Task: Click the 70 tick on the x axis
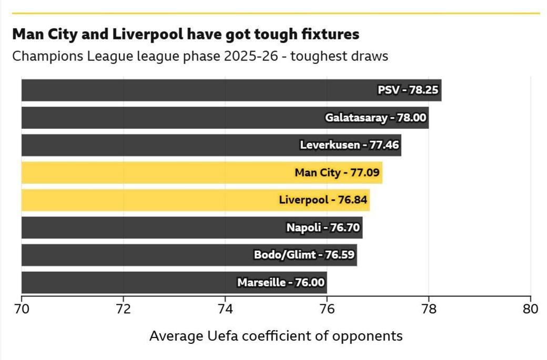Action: (x=22, y=308)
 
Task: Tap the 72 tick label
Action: (x=123, y=308)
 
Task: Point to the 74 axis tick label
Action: (x=225, y=308)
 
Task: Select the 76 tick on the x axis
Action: (x=327, y=308)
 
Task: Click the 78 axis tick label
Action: (x=429, y=308)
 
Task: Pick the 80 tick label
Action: (x=530, y=308)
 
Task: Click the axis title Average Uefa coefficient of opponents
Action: (x=276, y=336)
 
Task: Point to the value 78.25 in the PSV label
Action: (x=423, y=90)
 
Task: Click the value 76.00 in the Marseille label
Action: (x=310, y=282)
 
